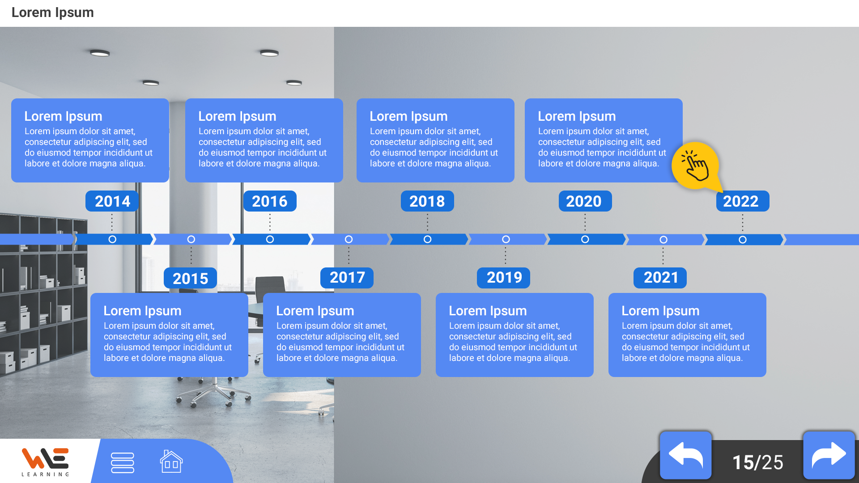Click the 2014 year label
(112, 201)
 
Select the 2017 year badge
(347, 278)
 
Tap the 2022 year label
(743, 201)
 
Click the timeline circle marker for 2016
(270, 239)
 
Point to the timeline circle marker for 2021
(663, 240)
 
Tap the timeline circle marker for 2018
(427, 239)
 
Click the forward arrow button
(829, 455)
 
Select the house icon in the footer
(171, 462)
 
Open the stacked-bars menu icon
(122, 462)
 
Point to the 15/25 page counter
(757, 462)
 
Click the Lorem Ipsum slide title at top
(52, 13)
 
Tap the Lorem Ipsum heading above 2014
(63, 116)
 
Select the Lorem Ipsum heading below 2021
(660, 311)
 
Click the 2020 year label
(585, 201)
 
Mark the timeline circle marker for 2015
(191, 239)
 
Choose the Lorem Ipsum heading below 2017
(315, 311)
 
